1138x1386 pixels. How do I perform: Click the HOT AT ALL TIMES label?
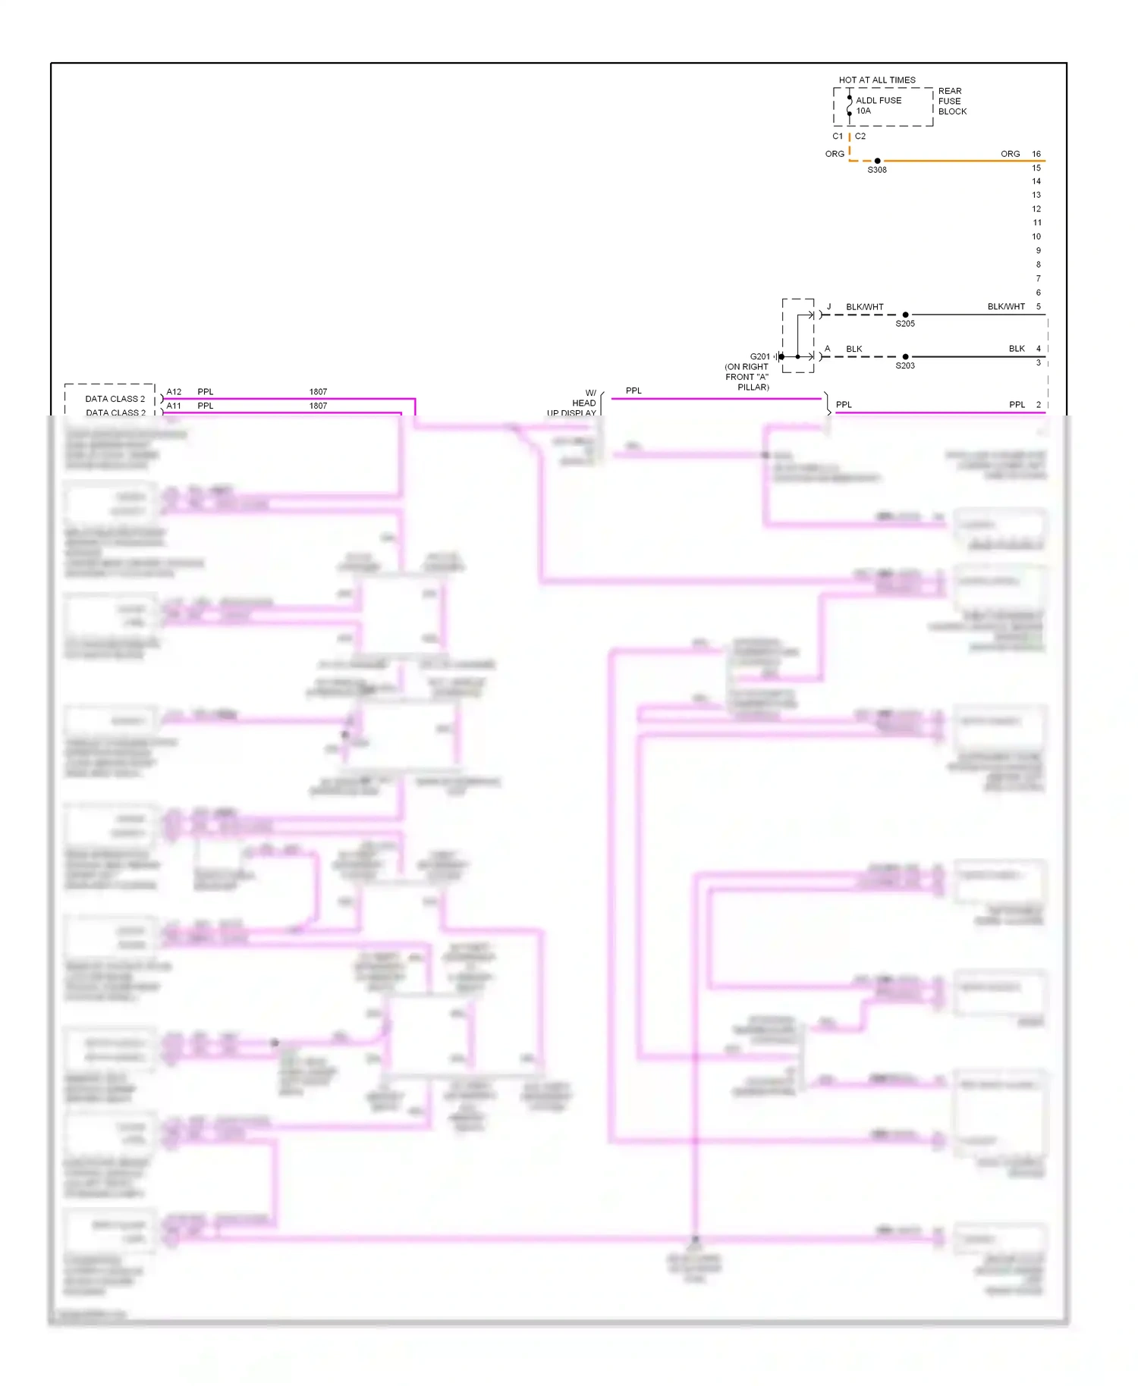[876, 80]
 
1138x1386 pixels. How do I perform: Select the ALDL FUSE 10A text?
[878, 105]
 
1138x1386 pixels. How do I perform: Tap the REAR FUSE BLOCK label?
[951, 101]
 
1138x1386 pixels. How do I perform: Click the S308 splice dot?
[877, 161]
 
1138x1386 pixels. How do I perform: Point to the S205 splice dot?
[905, 315]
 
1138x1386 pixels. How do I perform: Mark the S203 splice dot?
[905, 356]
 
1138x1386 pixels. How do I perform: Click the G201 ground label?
[759, 356]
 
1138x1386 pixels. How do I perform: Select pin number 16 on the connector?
[1036, 154]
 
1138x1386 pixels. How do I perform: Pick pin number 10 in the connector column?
[1036, 237]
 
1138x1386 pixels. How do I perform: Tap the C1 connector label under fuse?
[838, 136]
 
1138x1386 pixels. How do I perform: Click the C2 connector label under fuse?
[860, 136]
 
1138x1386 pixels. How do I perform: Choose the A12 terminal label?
[174, 392]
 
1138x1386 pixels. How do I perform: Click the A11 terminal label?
[174, 406]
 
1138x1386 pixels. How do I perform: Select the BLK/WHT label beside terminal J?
[864, 307]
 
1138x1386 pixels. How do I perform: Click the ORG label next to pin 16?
[1010, 154]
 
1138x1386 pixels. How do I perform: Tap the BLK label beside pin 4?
[1017, 349]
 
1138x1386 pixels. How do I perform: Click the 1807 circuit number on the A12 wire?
[318, 392]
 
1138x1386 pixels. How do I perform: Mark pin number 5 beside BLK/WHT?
[1038, 306]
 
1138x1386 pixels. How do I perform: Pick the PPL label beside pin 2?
[1017, 405]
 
